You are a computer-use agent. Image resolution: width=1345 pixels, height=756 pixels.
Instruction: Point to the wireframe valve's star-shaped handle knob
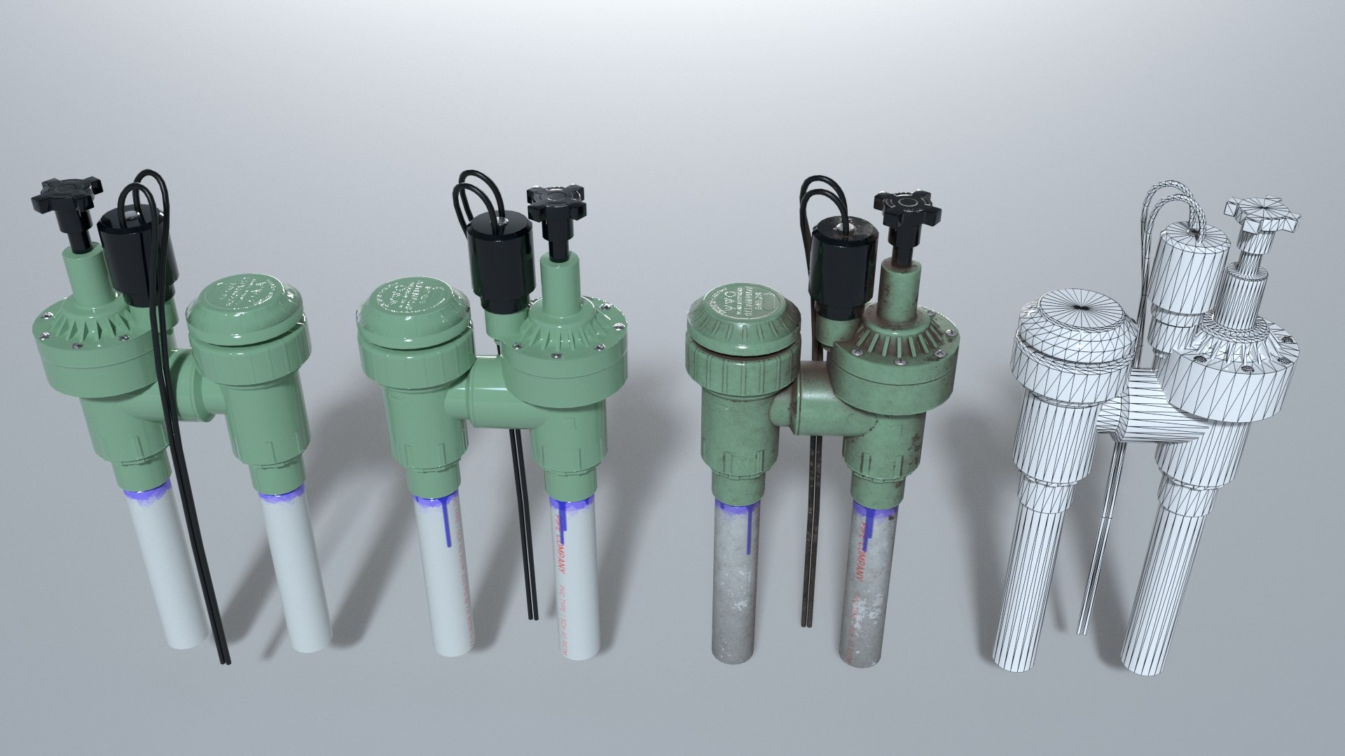(x=1268, y=217)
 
